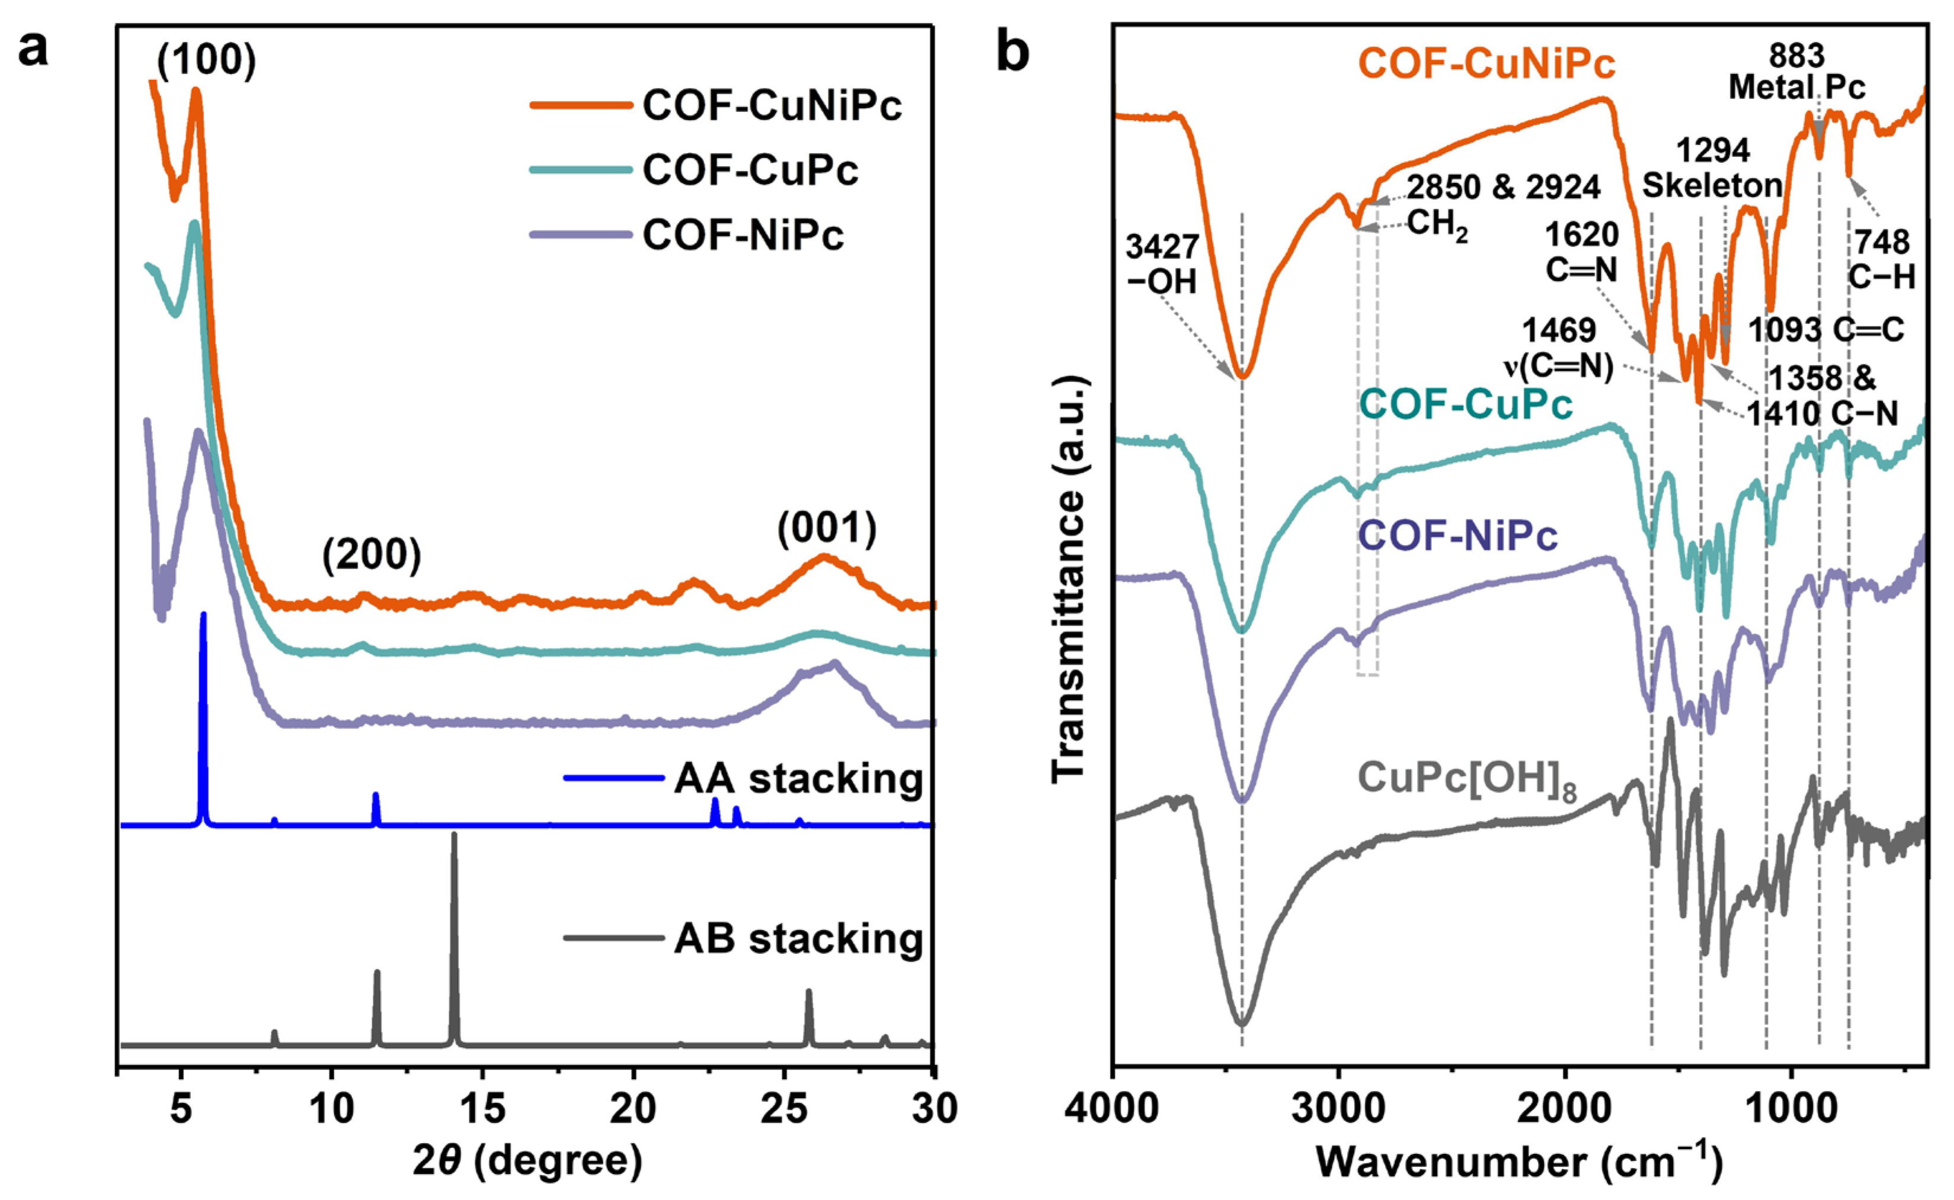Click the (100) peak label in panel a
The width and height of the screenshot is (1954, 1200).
click(206, 61)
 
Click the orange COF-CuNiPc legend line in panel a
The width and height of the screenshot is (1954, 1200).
click(580, 105)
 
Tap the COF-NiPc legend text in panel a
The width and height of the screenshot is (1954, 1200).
click(743, 235)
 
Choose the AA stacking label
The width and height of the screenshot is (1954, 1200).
click(798, 778)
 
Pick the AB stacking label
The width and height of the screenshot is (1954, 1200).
click(798, 938)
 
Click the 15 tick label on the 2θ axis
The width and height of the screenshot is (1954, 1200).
click(482, 1108)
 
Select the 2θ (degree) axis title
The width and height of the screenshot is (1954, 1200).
click(527, 1161)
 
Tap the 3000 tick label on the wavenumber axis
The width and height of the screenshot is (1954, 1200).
click(1339, 1108)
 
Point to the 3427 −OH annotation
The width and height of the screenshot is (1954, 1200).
click(1162, 264)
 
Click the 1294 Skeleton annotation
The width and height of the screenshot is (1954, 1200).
click(1712, 168)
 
